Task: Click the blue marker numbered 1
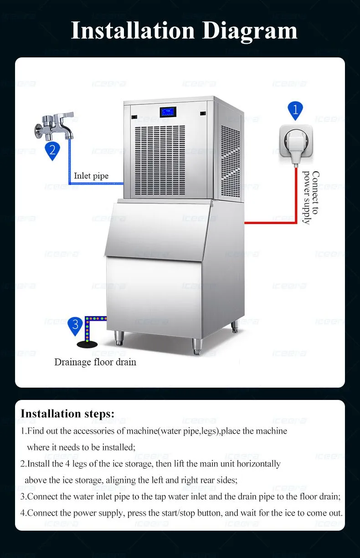[x=295, y=110]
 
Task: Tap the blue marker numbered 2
[x=52, y=151]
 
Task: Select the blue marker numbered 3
[x=75, y=326]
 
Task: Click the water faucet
[x=54, y=126]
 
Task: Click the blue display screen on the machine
[x=168, y=112]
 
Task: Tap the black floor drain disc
[x=87, y=344]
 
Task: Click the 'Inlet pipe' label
[x=91, y=176]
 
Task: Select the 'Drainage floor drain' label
[x=95, y=362]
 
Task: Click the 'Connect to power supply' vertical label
[x=311, y=197]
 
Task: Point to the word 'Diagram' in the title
[x=250, y=31]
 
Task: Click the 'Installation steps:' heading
[x=67, y=414]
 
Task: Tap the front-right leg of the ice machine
[x=197, y=346]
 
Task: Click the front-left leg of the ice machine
[x=119, y=338]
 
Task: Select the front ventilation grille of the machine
[x=160, y=160]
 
